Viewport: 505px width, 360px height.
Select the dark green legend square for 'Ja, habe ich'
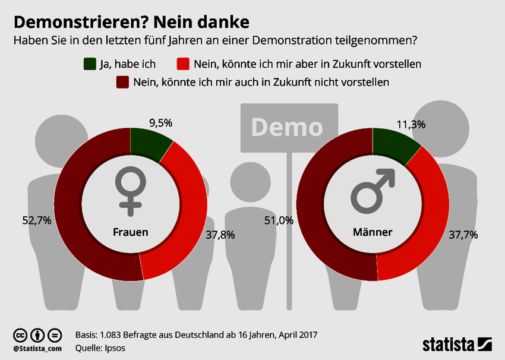(x=90, y=64)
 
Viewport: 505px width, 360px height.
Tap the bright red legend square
(x=182, y=64)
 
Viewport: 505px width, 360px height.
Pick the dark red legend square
(x=123, y=82)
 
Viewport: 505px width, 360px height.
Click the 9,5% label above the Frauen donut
(x=160, y=123)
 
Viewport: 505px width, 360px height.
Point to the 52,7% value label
(x=36, y=220)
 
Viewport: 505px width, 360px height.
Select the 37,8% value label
(x=220, y=235)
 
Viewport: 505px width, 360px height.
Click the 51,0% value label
(x=279, y=220)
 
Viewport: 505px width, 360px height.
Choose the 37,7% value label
(x=463, y=235)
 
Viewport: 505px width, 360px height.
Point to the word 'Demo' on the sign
(x=287, y=127)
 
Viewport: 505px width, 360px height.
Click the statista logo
(x=457, y=344)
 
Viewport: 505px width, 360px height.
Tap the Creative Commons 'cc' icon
(x=21, y=334)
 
